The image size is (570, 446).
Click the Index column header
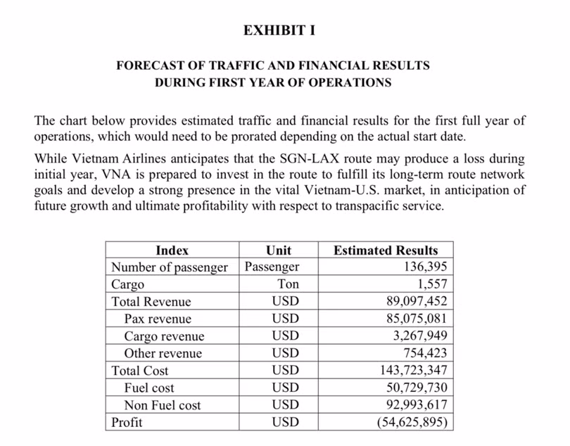(172, 250)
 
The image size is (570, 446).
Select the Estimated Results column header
(385, 250)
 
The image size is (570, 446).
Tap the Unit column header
(279, 250)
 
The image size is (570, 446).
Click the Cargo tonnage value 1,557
(431, 284)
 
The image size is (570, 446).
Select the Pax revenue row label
(158, 319)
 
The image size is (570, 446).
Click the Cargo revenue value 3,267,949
(419, 336)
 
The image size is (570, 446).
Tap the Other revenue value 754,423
(424, 353)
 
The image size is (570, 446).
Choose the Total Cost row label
(140, 371)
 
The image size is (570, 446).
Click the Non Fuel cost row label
(162, 405)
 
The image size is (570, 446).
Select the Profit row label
(127, 422)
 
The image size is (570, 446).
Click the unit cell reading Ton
(289, 284)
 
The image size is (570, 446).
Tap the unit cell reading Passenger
(272, 267)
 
